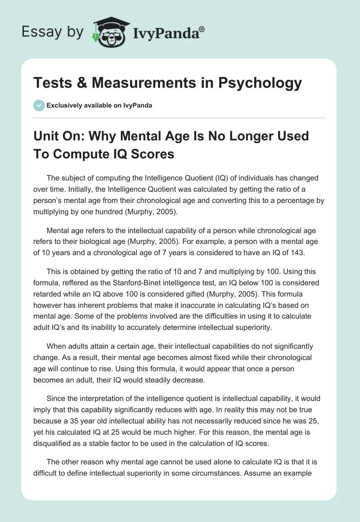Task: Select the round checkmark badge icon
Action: click(x=39, y=105)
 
